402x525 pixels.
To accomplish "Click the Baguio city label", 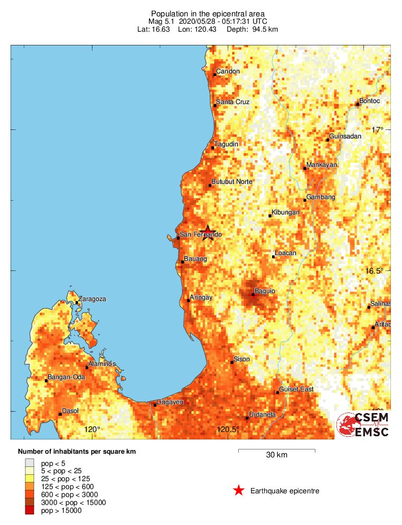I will click(265, 291).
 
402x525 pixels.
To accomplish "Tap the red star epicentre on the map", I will click(208, 232).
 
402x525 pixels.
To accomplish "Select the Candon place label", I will click(228, 71).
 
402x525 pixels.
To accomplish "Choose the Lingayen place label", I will click(170, 402).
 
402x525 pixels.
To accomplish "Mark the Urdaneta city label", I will click(263, 415).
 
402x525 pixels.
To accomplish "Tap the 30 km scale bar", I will click(276, 451).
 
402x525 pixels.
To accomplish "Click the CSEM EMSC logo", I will click(363, 425).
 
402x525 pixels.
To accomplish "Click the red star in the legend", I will click(238, 491).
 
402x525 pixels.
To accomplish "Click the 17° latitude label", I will click(377, 130).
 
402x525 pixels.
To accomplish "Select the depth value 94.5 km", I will click(263, 29).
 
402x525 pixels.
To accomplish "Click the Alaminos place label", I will click(102, 364).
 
